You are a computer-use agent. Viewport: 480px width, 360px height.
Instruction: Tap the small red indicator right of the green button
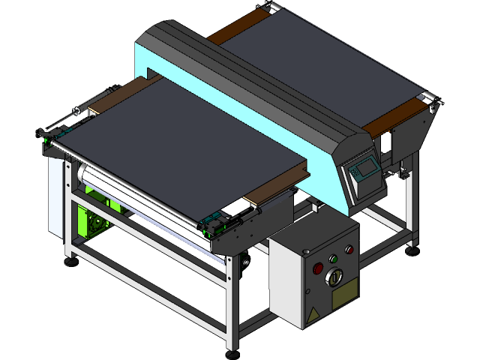click(x=349, y=250)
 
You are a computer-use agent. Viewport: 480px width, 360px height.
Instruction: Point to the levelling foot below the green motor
click(x=71, y=260)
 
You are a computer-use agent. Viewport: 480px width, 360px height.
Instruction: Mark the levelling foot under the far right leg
click(x=412, y=250)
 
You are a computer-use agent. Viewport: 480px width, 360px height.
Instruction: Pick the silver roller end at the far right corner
click(x=430, y=97)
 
